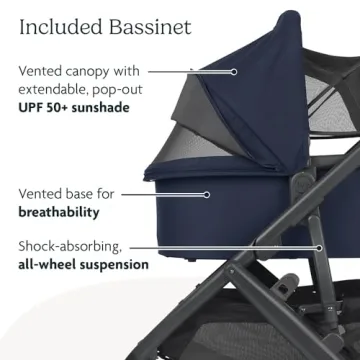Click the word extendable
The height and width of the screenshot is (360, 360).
tap(60, 89)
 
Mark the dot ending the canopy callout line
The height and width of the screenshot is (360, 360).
tap(235, 72)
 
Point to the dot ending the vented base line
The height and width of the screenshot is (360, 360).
tap(208, 195)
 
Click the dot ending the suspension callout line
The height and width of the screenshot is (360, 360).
tap(319, 246)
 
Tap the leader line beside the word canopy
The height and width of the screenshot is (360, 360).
tap(190, 72)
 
